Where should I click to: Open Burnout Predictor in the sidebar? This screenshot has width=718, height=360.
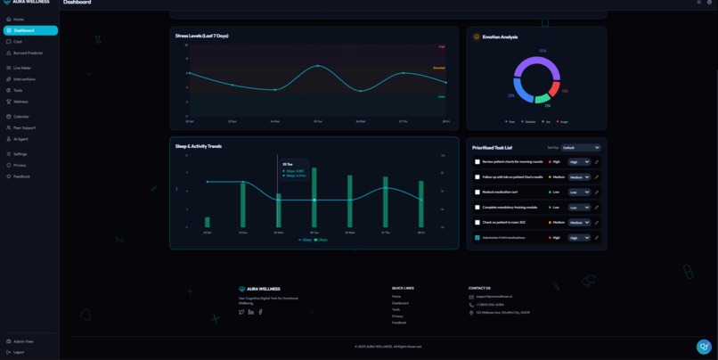tap(28, 53)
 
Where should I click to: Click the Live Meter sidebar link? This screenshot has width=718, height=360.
tap(21, 68)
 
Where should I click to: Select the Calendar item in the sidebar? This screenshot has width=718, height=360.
tap(20, 117)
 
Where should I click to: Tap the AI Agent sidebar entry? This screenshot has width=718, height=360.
tap(20, 139)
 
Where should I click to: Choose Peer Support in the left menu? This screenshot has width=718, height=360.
tap(24, 127)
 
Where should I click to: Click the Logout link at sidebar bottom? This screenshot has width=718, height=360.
tap(18, 352)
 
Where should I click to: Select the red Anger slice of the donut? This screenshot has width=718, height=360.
tap(555, 89)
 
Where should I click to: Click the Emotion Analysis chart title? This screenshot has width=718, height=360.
tap(500, 37)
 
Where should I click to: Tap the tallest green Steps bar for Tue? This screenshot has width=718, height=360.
tap(314, 198)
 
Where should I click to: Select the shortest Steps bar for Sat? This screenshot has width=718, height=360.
tap(208, 223)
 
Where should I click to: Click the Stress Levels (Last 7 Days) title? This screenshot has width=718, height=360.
tap(201, 36)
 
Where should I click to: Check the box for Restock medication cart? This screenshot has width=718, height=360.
tap(477, 192)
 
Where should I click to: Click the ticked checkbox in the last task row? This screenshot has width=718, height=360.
tap(477, 238)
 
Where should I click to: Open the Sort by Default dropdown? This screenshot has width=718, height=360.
tap(581, 148)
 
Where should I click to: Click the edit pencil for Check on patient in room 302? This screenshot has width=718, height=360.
tap(597, 223)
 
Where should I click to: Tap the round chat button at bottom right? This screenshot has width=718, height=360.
tap(704, 347)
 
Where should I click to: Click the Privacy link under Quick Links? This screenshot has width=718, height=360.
tap(397, 316)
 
